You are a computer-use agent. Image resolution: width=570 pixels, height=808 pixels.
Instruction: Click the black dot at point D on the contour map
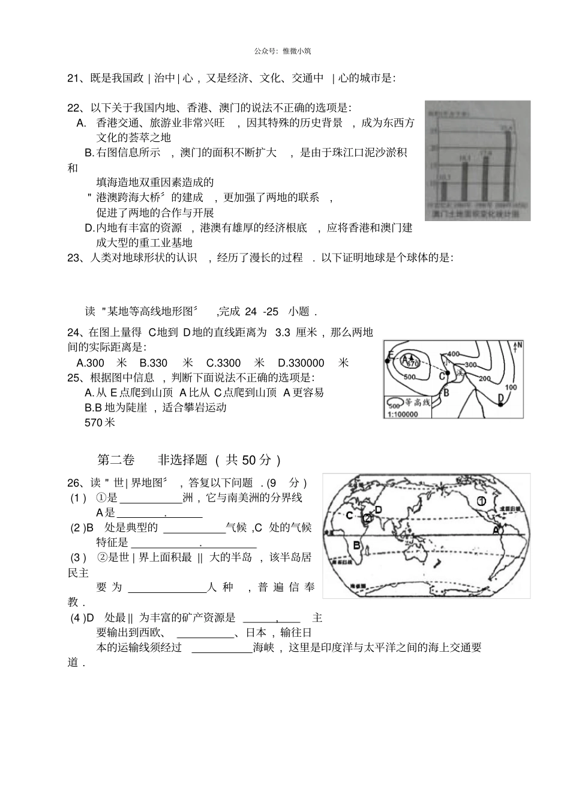coord(500,404)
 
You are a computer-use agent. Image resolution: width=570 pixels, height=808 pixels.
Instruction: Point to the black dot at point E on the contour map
coord(388,361)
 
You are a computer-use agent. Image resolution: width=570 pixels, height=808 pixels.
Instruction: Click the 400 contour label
coord(454,354)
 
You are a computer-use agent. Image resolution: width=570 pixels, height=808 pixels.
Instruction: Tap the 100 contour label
coord(510,387)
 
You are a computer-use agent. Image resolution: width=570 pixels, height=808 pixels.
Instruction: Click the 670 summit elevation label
coord(412,364)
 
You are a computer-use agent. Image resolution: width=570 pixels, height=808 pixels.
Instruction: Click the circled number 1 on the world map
coord(481,501)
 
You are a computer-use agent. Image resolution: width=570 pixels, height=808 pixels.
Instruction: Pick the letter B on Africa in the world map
coord(356,545)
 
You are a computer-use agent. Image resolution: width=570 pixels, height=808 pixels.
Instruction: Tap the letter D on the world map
coord(379,509)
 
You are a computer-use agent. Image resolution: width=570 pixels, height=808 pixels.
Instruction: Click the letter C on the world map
coord(350,515)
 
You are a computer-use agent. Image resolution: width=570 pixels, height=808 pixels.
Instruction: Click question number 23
coord(74,258)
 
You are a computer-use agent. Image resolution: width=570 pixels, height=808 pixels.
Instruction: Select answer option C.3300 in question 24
coord(224,363)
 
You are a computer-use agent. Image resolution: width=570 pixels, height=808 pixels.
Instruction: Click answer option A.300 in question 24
coord(91,363)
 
